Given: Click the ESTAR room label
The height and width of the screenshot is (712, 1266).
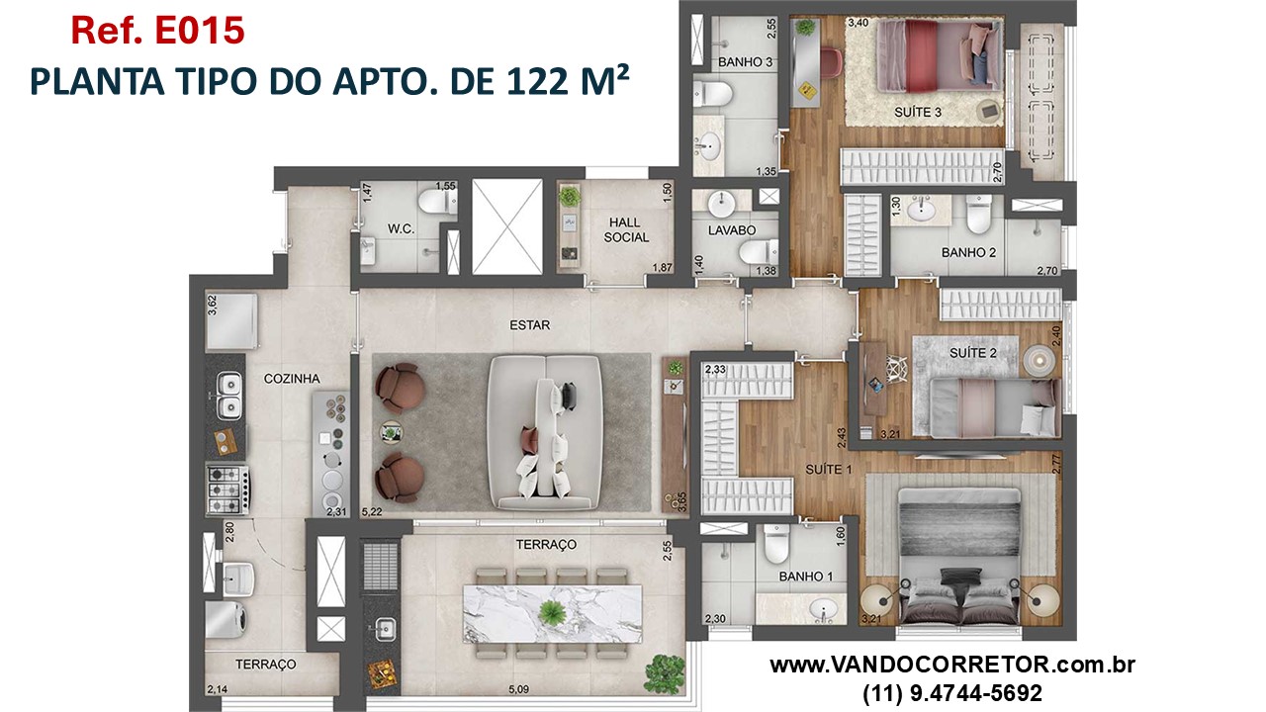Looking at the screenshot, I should (530, 324).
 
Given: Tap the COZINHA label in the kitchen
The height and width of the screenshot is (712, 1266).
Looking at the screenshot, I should (291, 379).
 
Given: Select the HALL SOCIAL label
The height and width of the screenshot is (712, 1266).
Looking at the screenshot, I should (627, 230).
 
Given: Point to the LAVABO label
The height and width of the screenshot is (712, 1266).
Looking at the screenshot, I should (732, 230).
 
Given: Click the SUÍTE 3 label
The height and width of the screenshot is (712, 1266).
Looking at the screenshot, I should (917, 112).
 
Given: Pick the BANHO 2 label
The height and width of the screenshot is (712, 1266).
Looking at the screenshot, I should (968, 252).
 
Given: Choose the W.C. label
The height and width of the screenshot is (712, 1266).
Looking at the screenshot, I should (401, 228).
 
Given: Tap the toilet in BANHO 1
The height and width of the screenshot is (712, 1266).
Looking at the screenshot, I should (774, 543).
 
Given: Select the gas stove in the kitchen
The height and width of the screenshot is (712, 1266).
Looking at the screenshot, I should (226, 486).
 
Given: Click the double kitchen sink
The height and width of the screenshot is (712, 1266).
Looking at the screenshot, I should (229, 394).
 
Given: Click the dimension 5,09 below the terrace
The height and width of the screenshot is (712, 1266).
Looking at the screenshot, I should (520, 690).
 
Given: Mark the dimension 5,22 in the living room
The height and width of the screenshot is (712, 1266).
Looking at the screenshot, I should (372, 511).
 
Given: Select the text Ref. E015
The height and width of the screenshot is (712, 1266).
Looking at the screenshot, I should (157, 31).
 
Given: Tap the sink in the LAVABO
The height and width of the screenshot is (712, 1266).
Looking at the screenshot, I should (721, 203).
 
